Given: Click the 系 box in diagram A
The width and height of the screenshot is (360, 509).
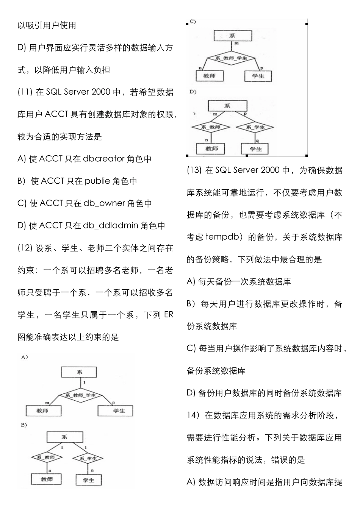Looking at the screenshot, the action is click(79, 372).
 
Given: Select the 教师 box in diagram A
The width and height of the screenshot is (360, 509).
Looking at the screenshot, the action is click(43, 411).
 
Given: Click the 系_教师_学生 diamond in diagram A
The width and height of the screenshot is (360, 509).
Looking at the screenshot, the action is click(80, 395).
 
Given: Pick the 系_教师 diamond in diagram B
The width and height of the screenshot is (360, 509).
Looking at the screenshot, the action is click(46, 457).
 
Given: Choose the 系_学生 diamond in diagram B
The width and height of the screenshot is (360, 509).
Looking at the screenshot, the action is click(88, 458).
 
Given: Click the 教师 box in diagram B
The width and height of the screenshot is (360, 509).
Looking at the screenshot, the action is click(47, 479).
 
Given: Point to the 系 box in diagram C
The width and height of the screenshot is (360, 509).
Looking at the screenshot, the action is click(232, 36).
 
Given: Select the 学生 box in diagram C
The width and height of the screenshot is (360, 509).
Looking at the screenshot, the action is click(258, 76).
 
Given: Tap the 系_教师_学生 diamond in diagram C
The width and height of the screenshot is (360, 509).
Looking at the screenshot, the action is click(231, 58).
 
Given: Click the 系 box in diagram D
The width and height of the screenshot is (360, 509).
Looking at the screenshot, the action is click(227, 106).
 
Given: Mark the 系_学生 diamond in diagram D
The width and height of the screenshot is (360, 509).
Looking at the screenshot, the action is click(255, 127).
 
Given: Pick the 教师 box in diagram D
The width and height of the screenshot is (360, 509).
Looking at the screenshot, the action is click(211, 148).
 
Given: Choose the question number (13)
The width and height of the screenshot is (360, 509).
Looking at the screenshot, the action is click(194, 170).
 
